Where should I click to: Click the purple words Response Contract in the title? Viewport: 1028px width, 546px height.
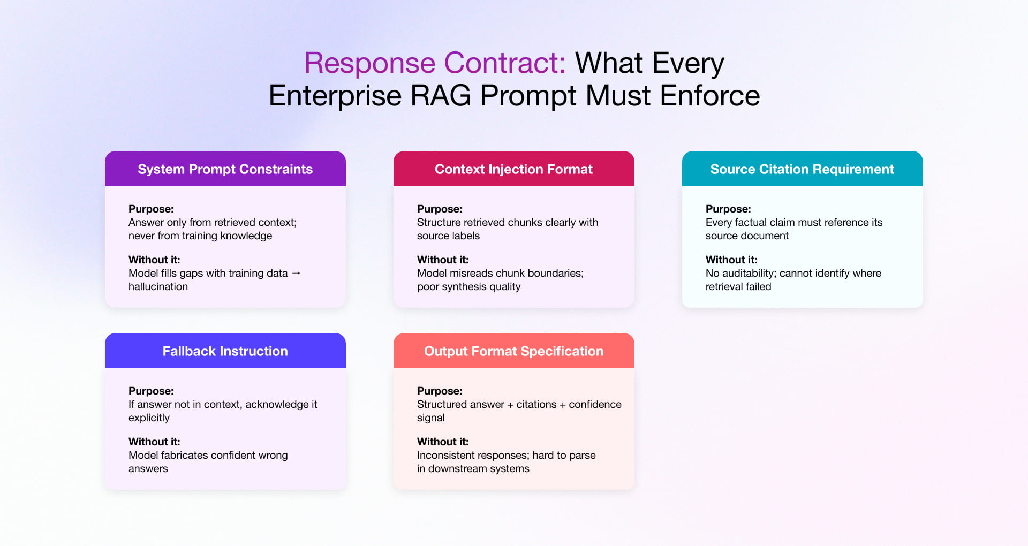(435, 63)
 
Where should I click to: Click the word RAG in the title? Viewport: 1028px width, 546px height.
(440, 96)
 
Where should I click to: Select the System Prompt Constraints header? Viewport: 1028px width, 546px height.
(225, 169)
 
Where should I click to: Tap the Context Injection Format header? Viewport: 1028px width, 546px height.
(513, 169)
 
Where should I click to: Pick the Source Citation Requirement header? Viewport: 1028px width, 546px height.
(802, 169)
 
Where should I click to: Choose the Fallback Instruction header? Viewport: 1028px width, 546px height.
(225, 351)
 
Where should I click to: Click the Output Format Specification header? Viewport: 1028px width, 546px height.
(513, 351)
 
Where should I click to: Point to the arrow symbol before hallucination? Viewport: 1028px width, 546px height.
(296, 273)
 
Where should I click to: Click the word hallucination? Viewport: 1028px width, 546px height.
(158, 287)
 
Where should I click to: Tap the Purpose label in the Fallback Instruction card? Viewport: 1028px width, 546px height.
(151, 391)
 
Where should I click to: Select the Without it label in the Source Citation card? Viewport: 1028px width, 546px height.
(731, 260)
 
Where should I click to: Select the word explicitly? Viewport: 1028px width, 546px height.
(149, 418)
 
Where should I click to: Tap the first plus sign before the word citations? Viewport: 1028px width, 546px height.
(510, 405)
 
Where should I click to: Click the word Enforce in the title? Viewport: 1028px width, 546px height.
(709, 96)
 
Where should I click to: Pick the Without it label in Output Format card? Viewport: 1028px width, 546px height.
(442, 442)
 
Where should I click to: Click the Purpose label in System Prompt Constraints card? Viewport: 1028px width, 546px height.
(151, 209)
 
